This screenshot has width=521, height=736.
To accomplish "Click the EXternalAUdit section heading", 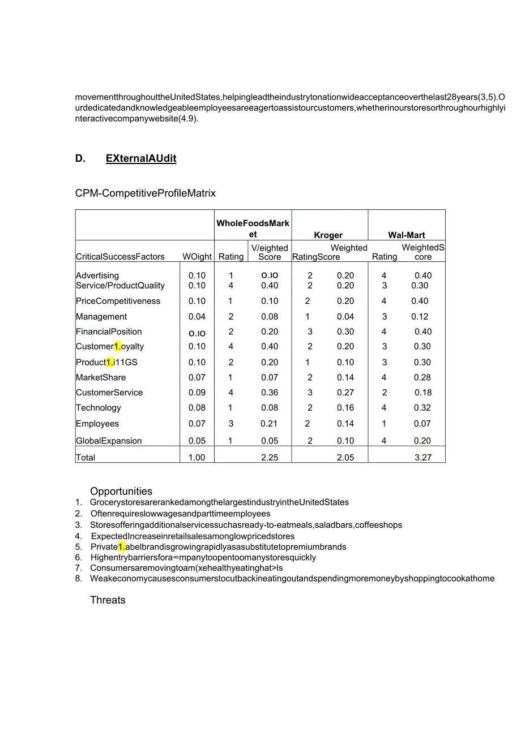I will (141, 158).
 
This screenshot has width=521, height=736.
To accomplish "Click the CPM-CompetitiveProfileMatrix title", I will (146, 193).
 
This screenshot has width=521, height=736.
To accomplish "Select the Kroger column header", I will (328, 235).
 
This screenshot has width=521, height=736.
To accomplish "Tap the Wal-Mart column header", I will (407, 235).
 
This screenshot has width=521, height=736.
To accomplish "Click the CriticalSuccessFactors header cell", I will (120, 257).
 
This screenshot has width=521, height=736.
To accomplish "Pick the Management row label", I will (101, 317).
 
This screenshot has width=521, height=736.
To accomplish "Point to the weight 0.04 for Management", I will (197, 317).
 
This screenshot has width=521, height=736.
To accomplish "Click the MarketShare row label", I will (101, 377).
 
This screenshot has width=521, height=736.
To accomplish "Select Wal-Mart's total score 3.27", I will (423, 458).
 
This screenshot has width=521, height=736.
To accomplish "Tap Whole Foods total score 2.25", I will (270, 458).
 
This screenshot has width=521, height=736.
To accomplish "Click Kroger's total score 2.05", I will (345, 458).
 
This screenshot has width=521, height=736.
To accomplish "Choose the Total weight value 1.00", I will (197, 458).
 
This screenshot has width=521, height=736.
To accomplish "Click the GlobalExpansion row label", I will (109, 441).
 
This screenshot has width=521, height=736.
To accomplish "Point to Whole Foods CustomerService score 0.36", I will (270, 393).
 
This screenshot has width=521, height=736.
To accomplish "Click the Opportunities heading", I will (121, 492).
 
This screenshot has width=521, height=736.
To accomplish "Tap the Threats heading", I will (108, 600).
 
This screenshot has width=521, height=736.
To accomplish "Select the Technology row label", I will (99, 408).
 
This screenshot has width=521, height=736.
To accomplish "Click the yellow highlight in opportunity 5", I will (121, 547).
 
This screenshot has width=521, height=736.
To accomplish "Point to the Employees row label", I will (97, 424).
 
